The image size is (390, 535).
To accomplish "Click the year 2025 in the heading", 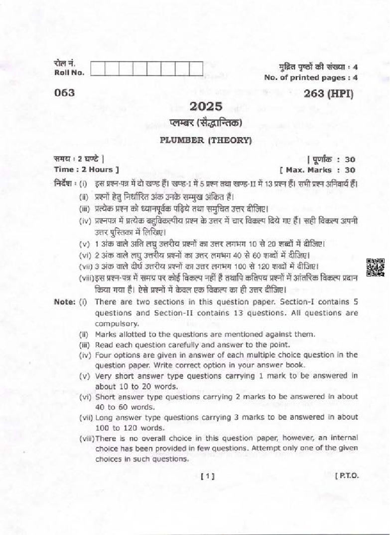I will point(205,106).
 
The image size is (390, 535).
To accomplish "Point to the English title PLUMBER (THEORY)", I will point(206,140).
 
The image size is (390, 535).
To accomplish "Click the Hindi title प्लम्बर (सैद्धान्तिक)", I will point(205,122).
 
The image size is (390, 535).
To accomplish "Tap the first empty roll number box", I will point(98,68).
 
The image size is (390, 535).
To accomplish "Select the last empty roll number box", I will point(196,68).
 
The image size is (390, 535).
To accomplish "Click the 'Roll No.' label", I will point(69,73).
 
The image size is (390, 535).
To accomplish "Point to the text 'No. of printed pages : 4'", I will point(311,78).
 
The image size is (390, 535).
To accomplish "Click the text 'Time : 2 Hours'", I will point(83,170).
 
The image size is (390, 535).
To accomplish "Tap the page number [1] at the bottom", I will point(207,476).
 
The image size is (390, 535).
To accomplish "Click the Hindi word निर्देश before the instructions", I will point(64,184).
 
